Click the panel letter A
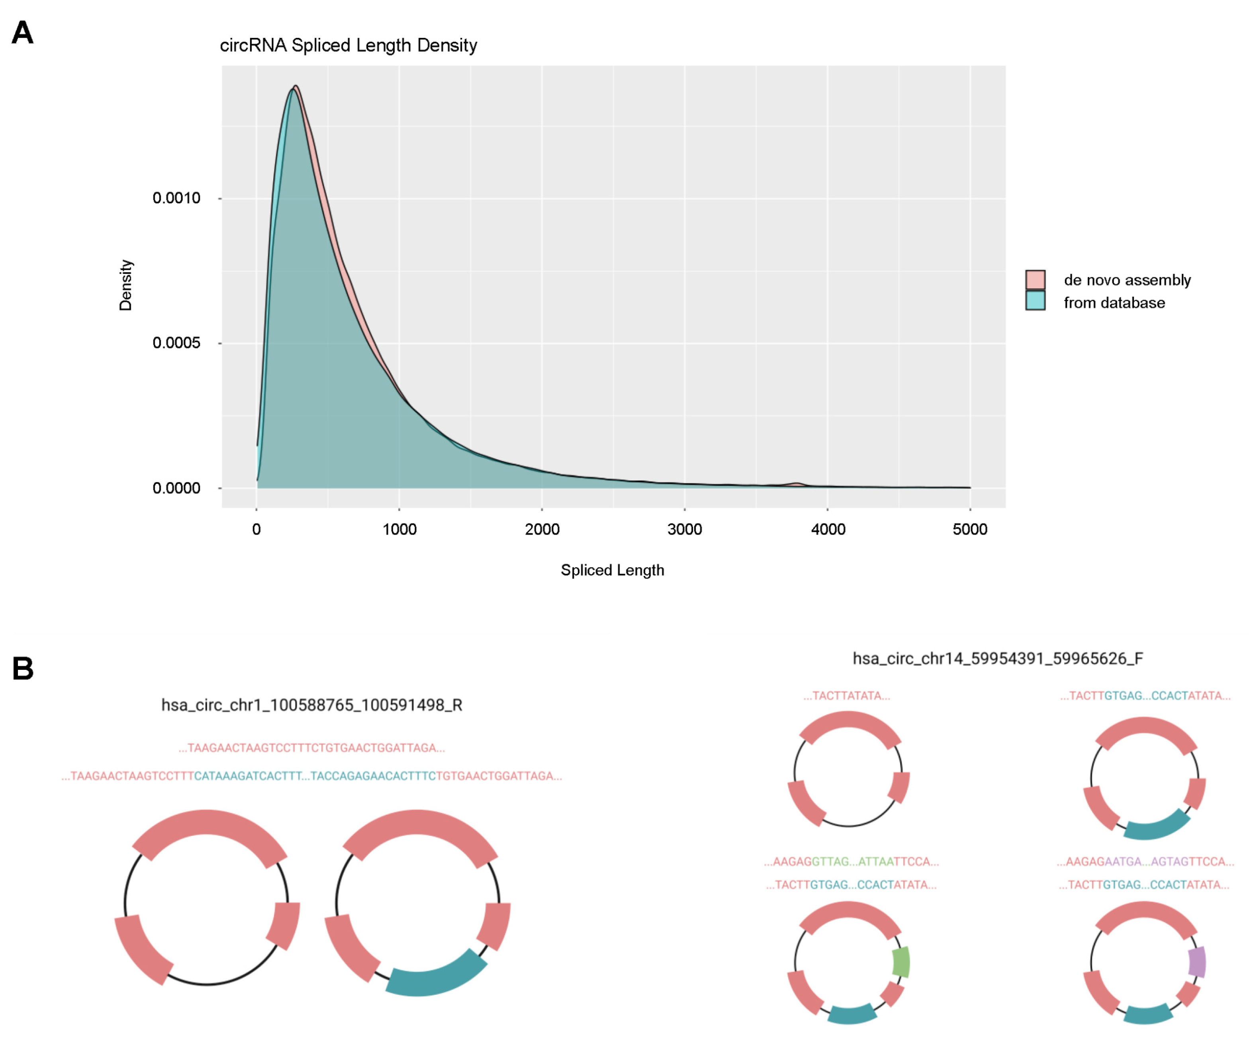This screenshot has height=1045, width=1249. pyautogui.click(x=23, y=33)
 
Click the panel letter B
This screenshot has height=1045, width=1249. pyautogui.click(x=23, y=669)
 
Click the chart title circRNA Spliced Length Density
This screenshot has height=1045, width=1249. pyautogui.click(x=348, y=46)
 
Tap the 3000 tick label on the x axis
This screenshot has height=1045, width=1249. pyautogui.click(x=685, y=529)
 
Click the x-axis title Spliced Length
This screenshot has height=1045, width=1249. pyautogui.click(x=612, y=570)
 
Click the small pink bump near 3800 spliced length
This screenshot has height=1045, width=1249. pyautogui.click(x=797, y=484)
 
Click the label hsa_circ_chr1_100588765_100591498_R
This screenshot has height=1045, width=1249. pyautogui.click(x=312, y=705)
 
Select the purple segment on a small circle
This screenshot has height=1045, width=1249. pyautogui.click(x=1197, y=962)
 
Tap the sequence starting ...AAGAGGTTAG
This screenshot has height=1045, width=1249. pyautogui.click(x=851, y=862)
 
